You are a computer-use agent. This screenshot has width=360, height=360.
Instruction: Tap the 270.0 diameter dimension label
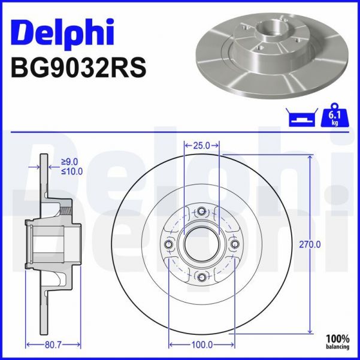click(x=310, y=244)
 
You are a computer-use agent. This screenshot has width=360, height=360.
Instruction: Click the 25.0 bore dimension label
click(x=201, y=145)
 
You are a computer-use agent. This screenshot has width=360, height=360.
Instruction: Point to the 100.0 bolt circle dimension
click(x=202, y=344)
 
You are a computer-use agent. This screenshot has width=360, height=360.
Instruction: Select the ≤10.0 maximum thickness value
click(x=72, y=171)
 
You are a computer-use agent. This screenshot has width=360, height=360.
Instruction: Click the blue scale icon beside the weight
click(x=302, y=117)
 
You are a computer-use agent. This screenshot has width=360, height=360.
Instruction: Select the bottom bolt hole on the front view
click(x=202, y=276)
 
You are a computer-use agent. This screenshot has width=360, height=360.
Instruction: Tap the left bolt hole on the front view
click(x=169, y=244)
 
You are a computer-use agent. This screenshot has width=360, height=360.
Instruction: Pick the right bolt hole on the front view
click(x=235, y=244)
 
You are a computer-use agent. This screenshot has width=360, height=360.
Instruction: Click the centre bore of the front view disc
click(x=202, y=244)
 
